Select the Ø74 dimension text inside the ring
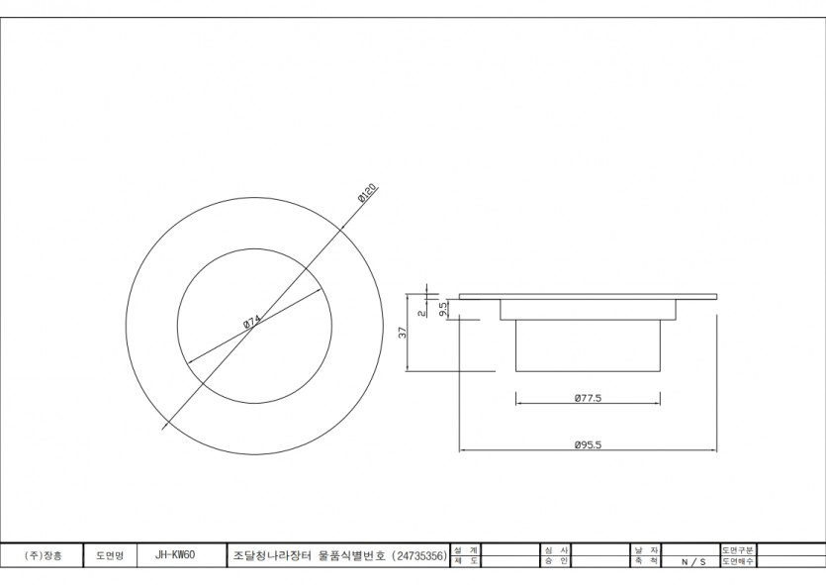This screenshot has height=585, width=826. [251, 321]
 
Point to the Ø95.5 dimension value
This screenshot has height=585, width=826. [588, 444]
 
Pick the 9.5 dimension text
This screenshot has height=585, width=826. [443, 308]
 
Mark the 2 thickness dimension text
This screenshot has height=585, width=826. [421, 312]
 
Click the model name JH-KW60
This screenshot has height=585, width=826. [175, 556]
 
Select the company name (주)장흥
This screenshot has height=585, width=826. [43, 556]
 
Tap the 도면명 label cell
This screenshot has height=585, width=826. [109, 556]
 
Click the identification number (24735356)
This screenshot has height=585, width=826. [419, 556]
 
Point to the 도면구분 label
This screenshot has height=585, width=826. [738, 549]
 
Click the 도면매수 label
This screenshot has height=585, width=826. [738, 561]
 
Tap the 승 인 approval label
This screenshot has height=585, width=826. [556, 561]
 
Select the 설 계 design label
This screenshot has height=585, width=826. [466, 549]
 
